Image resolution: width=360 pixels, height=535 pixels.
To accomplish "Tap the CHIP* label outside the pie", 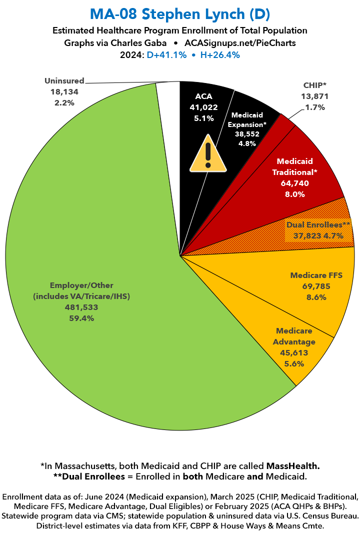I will (315, 85).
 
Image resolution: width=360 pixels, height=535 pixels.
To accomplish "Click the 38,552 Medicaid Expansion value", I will (247, 134).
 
